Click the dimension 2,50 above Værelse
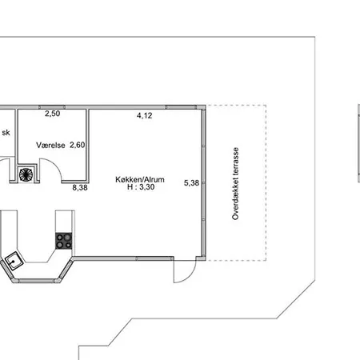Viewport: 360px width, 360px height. (x=52, y=114)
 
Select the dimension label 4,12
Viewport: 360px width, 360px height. (x=144, y=115)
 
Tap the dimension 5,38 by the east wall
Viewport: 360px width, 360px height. (x=191, y=183)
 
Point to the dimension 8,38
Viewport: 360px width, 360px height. (x=80, y=188)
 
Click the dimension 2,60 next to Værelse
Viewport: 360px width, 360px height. (x=78, y=145)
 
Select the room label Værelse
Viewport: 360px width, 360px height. (x=50, y=145)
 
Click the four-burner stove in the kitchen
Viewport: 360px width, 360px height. (x=64, y=240)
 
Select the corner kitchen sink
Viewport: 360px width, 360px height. (x=14, y=259)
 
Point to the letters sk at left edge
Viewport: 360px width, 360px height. (x=6, y=134)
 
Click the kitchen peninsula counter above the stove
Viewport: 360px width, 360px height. (x=64, y=220)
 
